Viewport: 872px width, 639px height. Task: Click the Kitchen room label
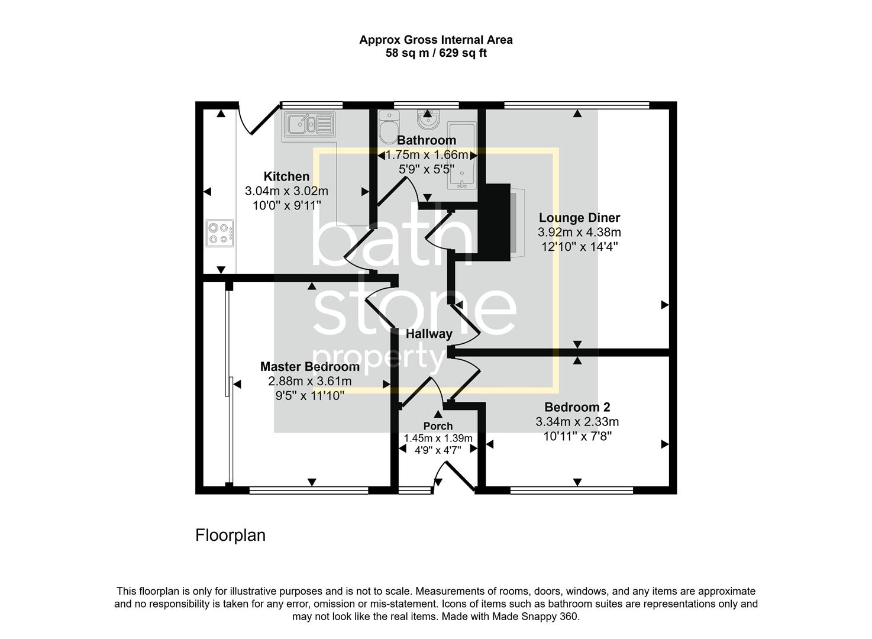click(x=286, y=176)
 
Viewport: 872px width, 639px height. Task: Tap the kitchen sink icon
click(x=309, y=125)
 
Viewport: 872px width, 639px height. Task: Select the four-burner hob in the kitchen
click(x=219, y=233)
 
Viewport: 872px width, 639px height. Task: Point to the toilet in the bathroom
click(x=389, y=127)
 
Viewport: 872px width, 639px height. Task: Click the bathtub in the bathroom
click(x=461, y=156)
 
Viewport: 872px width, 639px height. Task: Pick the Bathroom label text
click(x=427, y=140)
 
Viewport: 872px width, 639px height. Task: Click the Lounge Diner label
click(x=579, y=218)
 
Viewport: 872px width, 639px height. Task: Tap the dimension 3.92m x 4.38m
click(x=579, y=232)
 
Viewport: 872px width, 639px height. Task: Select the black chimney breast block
click(x=494, y=222)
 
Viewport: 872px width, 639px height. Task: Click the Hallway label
click(x=429, y=334)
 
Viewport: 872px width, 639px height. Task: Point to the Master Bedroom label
click(x=309, y=366)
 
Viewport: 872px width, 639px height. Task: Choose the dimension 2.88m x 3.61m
click(x=309, y=381)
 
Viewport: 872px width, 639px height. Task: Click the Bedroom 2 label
click(x=577, y=407)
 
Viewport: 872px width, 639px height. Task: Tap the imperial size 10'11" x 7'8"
click(x=577, y=435)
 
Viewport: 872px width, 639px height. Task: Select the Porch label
click(x=438, y=426)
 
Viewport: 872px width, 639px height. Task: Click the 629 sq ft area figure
click(x=463, y=53)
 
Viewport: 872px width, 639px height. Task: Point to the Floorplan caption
click(x=230, y=535)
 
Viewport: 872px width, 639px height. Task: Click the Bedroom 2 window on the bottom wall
click(x=571, y=490)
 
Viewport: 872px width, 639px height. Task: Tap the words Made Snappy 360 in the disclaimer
click(x=535, y=617)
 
